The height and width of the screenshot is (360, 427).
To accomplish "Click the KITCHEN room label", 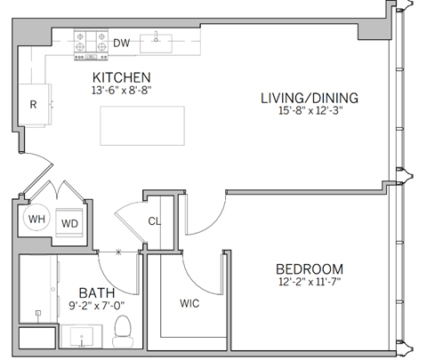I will pos(119,77).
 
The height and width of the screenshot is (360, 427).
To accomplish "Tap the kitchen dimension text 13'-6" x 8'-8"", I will pos(119,90).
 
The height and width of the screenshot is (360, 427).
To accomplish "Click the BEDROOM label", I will pos(309,269).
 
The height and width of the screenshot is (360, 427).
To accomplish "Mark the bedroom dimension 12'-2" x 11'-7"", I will pos(309,283).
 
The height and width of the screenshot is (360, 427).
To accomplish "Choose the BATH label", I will pos(96,292).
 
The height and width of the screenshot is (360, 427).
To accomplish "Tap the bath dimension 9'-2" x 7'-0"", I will pos(96,307).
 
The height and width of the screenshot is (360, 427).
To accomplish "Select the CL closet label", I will pos(154,221).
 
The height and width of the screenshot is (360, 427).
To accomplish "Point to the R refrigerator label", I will pos(33,104).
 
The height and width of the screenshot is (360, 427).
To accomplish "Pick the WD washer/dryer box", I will pos(70,222).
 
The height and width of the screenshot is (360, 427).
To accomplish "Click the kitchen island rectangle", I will pos(142,125).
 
